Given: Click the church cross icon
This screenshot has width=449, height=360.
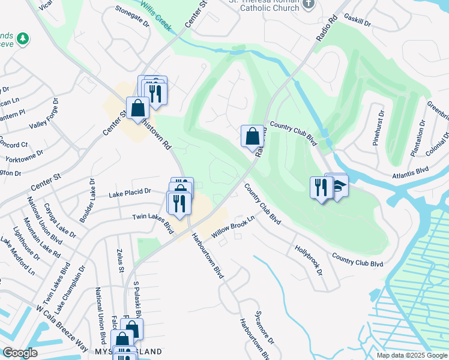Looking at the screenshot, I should pyautogui.click(x=309, y=5).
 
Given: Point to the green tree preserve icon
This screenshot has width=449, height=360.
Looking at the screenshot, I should pyautogui.click(x=23, y=39).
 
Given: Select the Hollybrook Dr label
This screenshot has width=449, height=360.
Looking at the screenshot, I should pyautogui.click(x=309, y=259).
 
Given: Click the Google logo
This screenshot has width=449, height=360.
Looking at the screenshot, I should pyautogui.click(x=20, y=353).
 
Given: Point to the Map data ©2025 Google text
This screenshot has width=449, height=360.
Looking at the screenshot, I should pyautogui.click(x=411, y=355).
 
